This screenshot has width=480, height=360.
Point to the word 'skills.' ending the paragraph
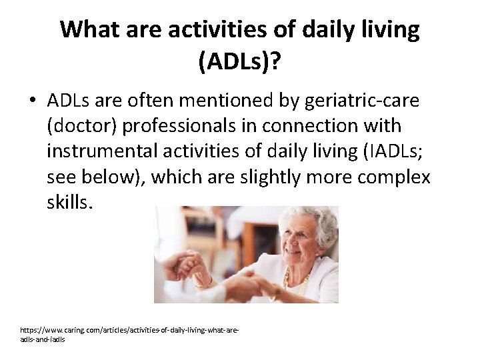tap(67, 203)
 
